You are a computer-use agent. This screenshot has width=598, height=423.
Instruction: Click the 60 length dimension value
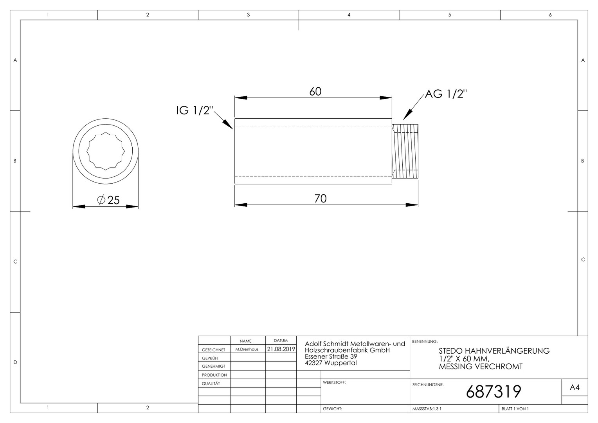click(x=315, y=92)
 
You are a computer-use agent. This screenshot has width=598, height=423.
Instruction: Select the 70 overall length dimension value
click(x=321, y=199)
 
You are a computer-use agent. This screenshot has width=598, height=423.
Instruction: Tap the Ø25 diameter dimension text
click(x=108, y=200)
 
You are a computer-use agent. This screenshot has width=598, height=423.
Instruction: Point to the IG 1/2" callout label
click(x=195, y=110)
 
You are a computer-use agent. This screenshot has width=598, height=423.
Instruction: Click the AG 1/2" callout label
click(x=446, y=94)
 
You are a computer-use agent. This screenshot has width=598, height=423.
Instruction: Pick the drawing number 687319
click(x=494, y=391)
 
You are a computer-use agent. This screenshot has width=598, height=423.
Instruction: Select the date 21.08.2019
click(x=281, y=349)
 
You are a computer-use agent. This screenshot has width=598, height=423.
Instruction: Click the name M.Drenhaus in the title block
click(x=247, y=349)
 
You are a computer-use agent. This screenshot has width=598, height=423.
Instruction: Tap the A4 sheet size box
click(x=575, y=387)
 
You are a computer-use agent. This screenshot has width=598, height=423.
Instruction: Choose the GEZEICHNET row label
click(x=214, y=350)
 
